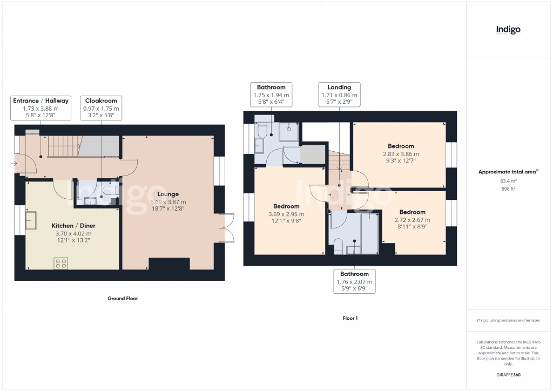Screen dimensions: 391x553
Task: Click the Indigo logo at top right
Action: (x=508, y=30)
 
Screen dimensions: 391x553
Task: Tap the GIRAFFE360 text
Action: (x=508, y=375)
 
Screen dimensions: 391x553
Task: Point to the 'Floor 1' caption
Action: (x=350, y=318)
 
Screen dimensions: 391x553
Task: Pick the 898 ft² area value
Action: (x=508, y=189)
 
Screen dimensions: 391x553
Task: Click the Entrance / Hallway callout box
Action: (x=41, y=108)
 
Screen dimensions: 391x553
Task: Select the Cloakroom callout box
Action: (x=101, y=108)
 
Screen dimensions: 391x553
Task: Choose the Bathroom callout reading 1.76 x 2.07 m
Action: (x=354, y=281)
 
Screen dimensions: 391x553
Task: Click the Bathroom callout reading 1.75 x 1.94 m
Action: (x=271, y=94)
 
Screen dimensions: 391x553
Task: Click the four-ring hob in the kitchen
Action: (x=60, y=264)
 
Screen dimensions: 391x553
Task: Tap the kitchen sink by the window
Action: (x=30, y=220)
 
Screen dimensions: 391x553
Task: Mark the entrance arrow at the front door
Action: (x=14, y=163)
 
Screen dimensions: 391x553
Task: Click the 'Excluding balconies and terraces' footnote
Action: (x=508, y=320)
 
